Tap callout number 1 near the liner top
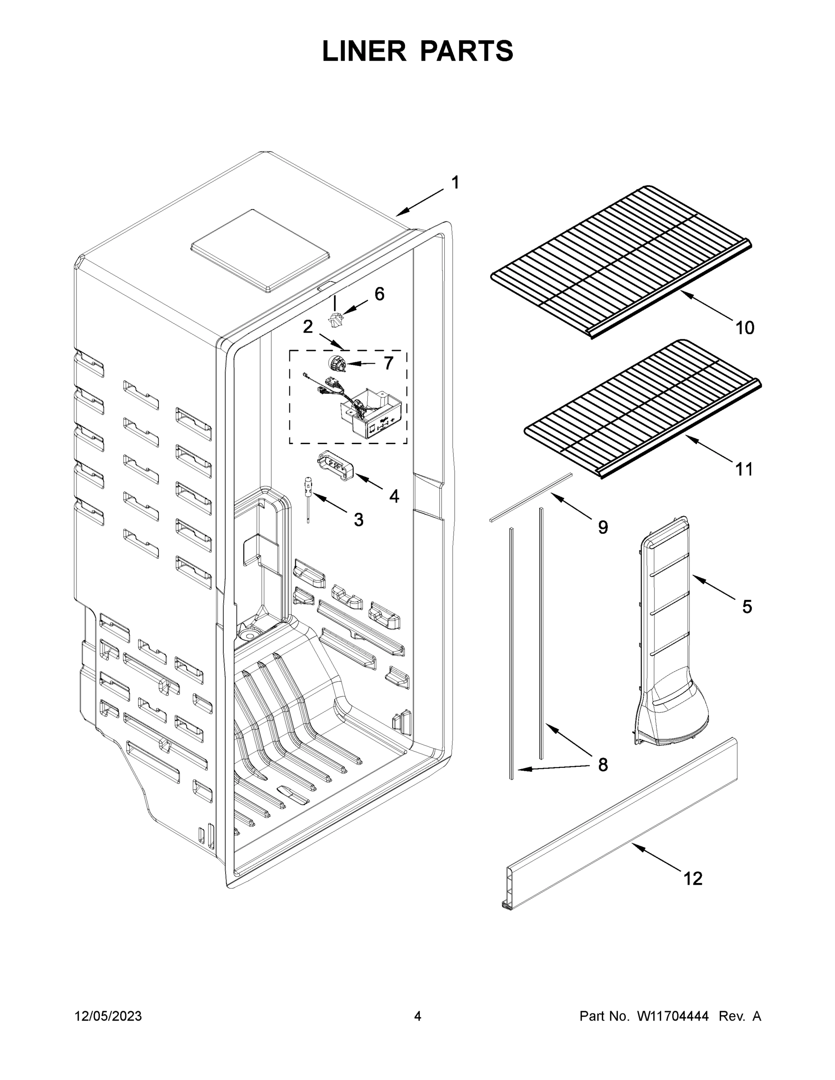(455, 182)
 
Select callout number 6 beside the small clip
(379, 294)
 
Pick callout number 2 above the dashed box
(308, 327)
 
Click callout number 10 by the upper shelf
(745, 328)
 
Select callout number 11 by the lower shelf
(744, 469)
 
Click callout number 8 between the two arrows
(603, 765)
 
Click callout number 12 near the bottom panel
(693, 879)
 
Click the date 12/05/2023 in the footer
(108, 1016)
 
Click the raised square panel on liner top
(260, 250)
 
